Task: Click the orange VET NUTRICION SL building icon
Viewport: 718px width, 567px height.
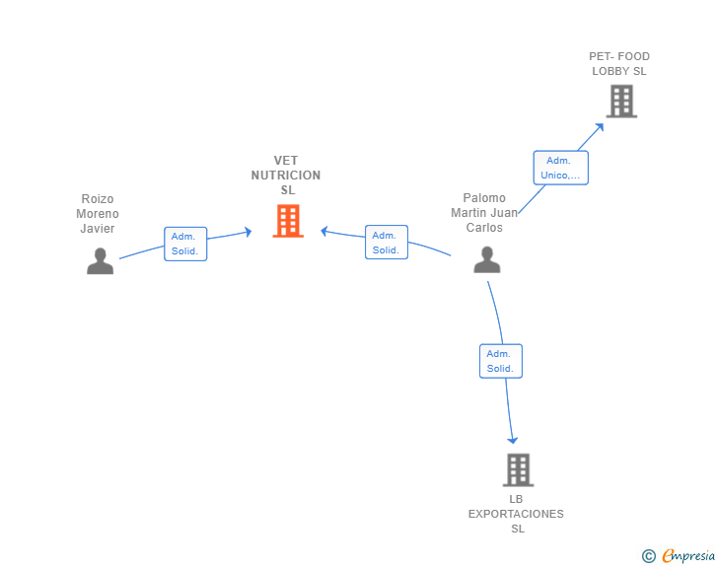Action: tap(288, 221)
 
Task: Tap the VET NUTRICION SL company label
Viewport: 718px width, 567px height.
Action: tap(286, 175)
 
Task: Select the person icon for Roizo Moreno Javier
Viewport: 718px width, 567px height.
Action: tap(101, 261)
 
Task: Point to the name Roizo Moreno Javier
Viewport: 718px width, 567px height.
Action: tap(98, 213)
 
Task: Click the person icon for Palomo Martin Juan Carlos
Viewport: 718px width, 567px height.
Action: tap(487, 259)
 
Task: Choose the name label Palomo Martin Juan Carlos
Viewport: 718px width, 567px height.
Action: tap(484, 213)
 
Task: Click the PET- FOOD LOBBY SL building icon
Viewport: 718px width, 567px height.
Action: tap(621, 102)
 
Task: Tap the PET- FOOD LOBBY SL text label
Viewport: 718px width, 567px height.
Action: tap(619, 64)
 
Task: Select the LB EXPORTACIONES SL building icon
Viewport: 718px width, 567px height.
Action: tap(519, 470)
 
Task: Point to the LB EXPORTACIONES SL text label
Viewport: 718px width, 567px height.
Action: tap(516, 514)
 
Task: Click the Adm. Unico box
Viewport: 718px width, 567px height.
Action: tap(561, 168)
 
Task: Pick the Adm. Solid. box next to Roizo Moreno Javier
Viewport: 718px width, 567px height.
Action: tap(185, 245)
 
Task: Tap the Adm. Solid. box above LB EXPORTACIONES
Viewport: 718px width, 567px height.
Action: tap(501, 361)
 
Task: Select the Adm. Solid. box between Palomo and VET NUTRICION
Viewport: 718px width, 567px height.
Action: tap(387, 243)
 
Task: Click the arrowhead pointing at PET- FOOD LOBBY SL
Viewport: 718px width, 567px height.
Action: tap(600, 127)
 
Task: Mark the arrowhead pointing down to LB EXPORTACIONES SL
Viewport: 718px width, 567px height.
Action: tap(513, 440)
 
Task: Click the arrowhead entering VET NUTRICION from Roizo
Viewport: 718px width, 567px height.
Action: tap(249, 232)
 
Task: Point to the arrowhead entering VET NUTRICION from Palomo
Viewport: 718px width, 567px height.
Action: tap(323, 232)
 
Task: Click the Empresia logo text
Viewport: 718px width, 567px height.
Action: tap(688, 555)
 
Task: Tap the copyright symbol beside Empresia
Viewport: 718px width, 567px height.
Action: tap(649, 556)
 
